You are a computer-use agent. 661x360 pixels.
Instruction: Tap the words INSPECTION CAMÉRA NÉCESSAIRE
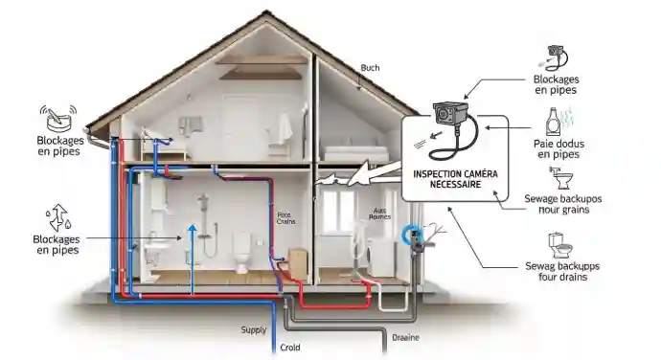pos(448,179)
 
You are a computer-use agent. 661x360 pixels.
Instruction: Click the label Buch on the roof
pos(370,68)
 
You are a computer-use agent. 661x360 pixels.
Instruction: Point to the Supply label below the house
pos(253,330)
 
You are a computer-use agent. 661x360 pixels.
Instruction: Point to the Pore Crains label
pos(286,219)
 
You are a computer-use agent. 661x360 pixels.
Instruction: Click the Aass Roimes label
pos(379,214)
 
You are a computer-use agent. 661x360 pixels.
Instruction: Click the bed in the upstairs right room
pos(355,150)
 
